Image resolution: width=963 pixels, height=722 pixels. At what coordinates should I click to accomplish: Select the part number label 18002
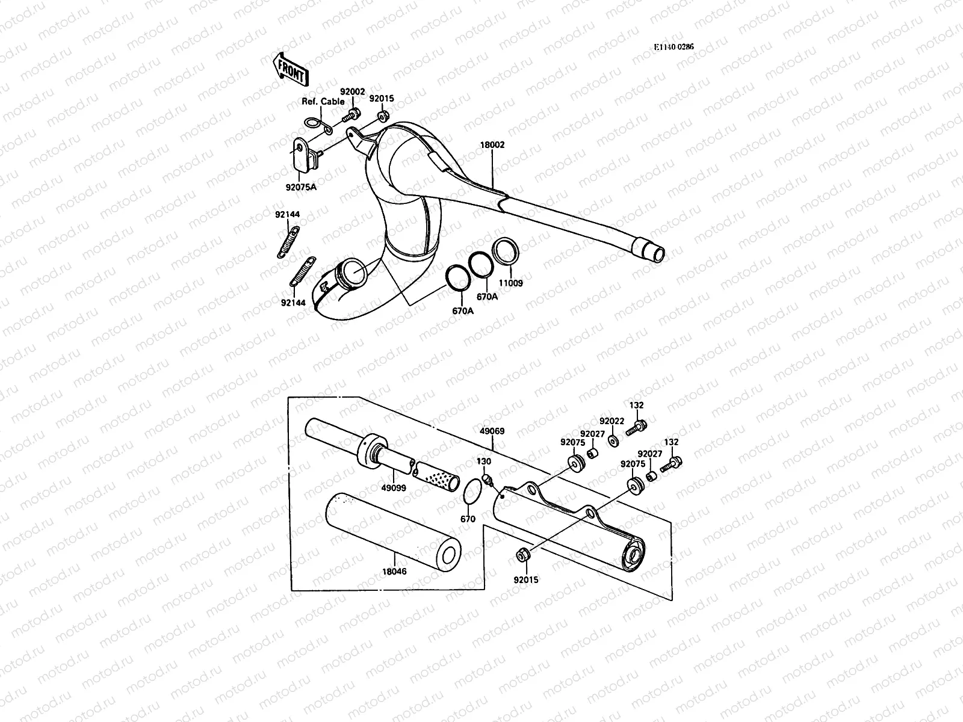pos(492,145)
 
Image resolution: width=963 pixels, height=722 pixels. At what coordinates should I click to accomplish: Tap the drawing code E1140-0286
pos(674,46)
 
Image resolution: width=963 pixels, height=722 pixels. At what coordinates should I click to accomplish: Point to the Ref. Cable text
pos(323,102)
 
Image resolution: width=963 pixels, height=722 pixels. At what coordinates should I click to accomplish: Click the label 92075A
pos(300,186)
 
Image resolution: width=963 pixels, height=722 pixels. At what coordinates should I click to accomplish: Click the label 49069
pos(492,431)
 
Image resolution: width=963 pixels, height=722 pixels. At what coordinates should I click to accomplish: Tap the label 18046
pos(394,572)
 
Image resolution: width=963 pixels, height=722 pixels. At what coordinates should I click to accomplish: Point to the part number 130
pos(484,461)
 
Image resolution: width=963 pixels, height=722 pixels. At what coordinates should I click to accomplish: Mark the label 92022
pos(612,421)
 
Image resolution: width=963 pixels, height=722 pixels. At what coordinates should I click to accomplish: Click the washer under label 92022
pos(613,442)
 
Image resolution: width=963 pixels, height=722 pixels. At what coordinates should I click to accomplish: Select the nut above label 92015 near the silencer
pos(523,554)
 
